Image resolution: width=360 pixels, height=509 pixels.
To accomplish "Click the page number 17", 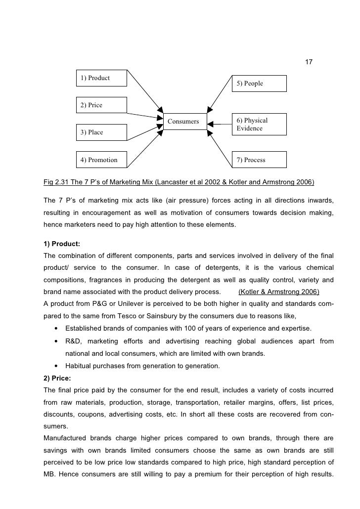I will (309, 62).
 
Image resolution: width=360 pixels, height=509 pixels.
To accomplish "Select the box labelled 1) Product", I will (101, 79).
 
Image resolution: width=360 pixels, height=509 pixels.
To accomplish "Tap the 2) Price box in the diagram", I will (101, 105).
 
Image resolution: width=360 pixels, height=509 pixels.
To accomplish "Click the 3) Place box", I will (101, 132).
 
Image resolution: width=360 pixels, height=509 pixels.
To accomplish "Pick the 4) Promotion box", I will (101, 160).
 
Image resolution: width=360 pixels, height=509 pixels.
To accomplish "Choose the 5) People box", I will (259, 84).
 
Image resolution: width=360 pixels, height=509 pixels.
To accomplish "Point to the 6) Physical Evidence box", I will (259, 124).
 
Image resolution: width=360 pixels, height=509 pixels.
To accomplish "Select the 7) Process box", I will (259, 160).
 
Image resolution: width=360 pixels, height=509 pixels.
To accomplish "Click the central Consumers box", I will (184, 122).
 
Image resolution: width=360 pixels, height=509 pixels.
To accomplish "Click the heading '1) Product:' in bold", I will (62, 244).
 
